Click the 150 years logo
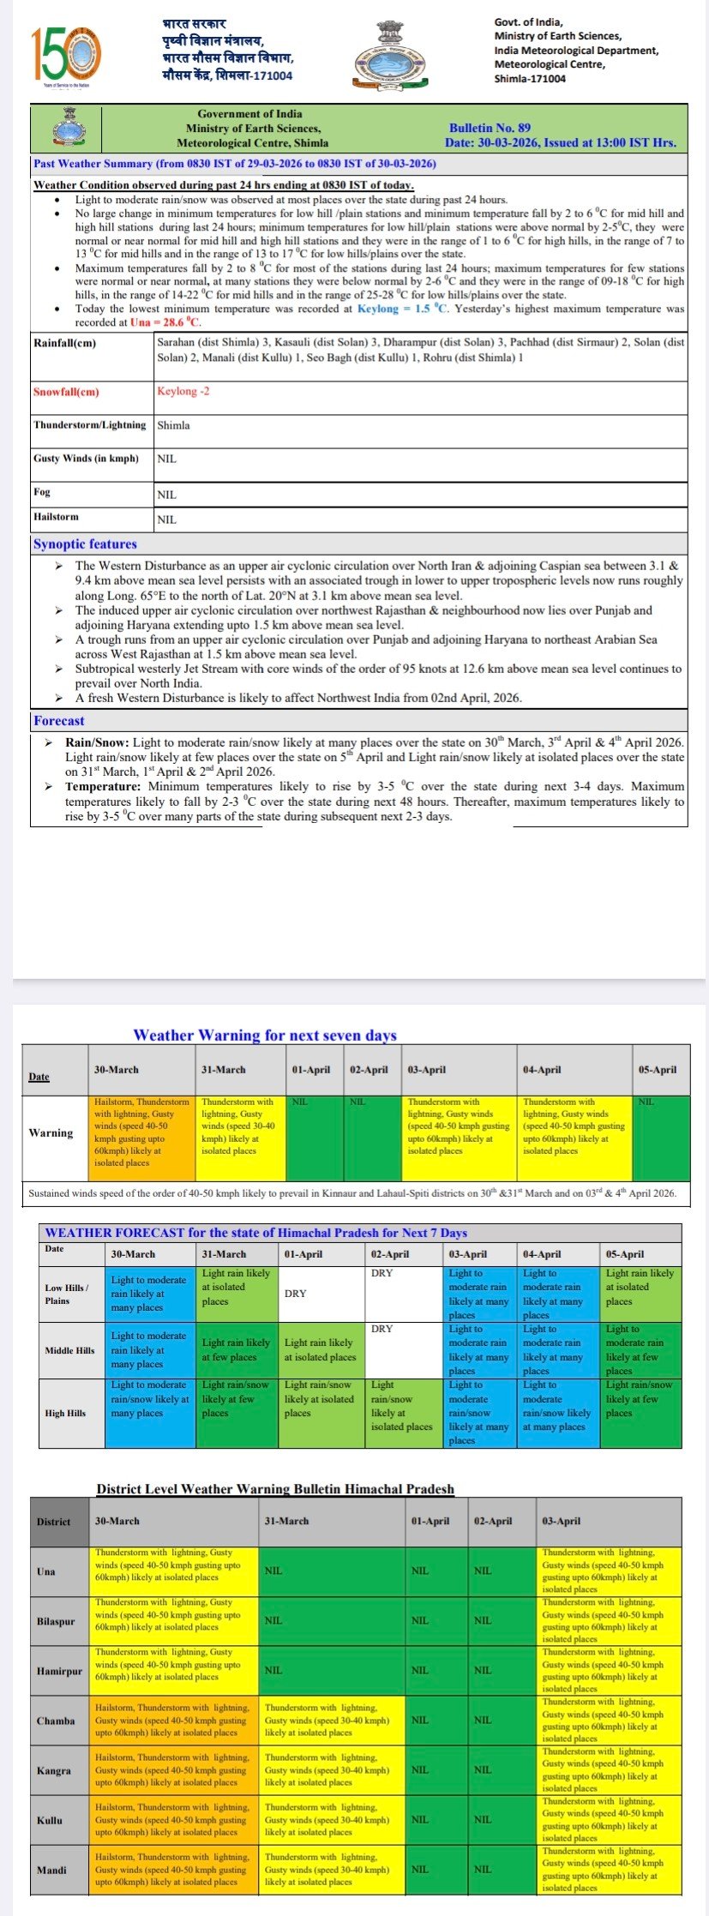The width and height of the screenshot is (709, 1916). pyautogui.click(x=66, y=54)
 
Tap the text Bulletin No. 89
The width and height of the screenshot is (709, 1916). pyautogui.click(x=490, y=128)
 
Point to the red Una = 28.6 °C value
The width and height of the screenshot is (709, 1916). pyautogui.click(x=165, y=322)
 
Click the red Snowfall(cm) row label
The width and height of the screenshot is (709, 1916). pyautogui.click(x=66, y=392)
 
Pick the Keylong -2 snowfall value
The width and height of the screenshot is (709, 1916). pyautogui.click(x=183, y=391)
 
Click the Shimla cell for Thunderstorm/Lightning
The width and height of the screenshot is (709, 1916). pyautogui.click(x=174, y=425)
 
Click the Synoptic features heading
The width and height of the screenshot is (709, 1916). pyautogui.click(x=85, y=544)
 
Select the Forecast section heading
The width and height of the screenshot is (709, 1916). pyautogui.click(x=59, y=721)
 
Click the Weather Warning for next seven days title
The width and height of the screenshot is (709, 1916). pyautogui.click(x=265, y=1035)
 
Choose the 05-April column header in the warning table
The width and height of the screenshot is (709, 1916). pyautogui.click(x=657, y=1070)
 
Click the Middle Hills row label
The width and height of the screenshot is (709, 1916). pyautogui.click(x=69, y=1350)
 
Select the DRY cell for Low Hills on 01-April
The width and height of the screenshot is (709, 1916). pyautogui.click(x=295, y=1294)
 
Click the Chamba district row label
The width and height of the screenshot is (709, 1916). pyautogui.click(x=56, y=1721)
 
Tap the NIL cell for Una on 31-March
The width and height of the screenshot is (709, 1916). pyautogui.click(x=273, y=1571)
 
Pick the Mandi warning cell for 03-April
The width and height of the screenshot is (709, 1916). pyautogui.click(x=610, y=1870)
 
